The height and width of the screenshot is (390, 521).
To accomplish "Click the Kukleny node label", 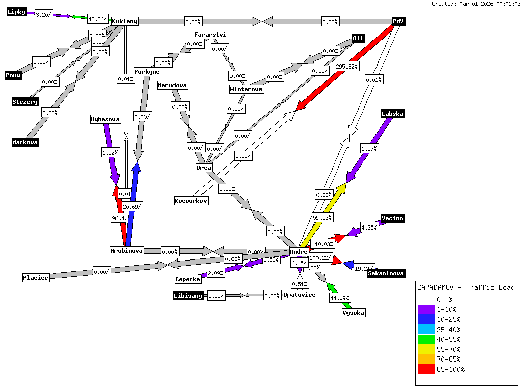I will coord(125,21).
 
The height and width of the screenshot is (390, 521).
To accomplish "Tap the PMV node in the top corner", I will coord(398,21).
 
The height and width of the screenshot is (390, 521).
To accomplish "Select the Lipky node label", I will coord(16,12).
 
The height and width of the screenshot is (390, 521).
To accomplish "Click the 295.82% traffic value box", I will coord(347,66).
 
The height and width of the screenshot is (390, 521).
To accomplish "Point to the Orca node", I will coord(204,168).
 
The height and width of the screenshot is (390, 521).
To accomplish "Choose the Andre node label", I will coord(299,252).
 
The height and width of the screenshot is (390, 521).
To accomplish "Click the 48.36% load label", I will coord(97,19).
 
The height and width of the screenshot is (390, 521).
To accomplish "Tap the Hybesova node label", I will coord(105,120).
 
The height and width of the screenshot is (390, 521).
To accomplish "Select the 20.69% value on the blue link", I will coord(132,207).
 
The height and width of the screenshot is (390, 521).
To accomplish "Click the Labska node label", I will coord(392,114).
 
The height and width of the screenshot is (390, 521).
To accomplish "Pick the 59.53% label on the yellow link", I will coord(323,218).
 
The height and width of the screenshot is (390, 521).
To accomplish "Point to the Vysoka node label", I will coord(353,313).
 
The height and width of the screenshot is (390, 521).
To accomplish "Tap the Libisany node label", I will coord(188,296).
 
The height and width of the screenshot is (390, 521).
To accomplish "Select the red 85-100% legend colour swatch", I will coord(426,369).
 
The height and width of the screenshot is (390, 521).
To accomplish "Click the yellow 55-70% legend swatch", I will coord(426,349).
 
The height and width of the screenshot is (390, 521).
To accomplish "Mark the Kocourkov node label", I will coord(191,201).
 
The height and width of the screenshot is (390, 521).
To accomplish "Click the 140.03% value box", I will coord(323,244).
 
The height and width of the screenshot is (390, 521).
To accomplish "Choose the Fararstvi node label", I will coord(211,35).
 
